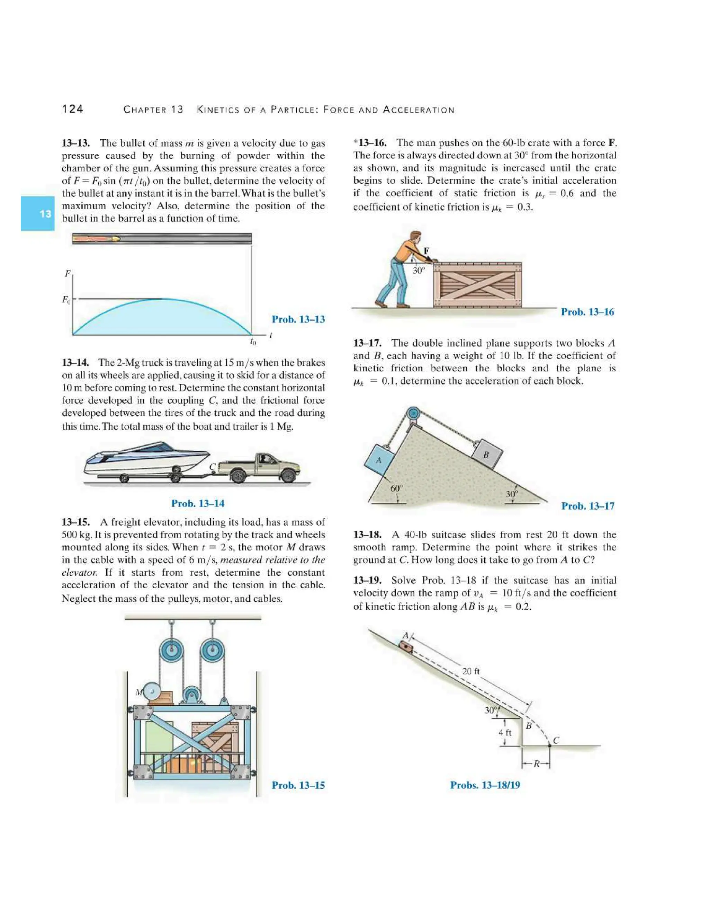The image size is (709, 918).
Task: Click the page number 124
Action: (73, 109)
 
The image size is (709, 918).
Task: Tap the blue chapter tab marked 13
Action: (38, 213)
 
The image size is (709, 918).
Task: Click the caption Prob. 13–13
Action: (298, 319)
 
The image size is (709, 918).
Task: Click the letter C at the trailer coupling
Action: (213, 467)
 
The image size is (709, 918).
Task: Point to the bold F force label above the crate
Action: (426, 251)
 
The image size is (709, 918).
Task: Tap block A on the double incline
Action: (379, 460)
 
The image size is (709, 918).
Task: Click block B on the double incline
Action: (486, 454)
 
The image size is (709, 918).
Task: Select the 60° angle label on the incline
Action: (396, 488)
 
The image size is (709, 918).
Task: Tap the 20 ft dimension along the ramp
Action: (471, 671)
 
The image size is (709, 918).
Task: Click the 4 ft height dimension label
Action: (505, 733)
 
